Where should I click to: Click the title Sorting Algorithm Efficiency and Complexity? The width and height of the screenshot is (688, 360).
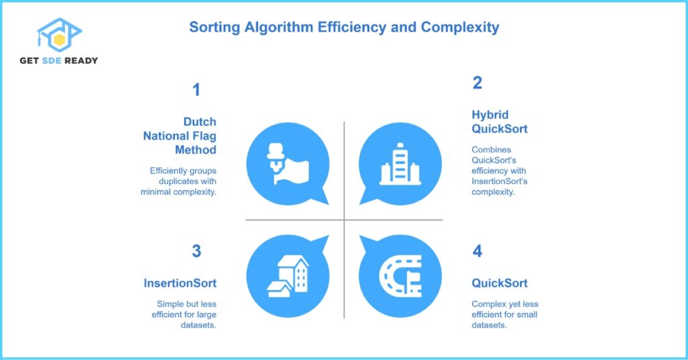(x=343, y=28)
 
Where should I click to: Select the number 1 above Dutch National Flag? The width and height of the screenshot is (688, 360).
(x=196, y=89)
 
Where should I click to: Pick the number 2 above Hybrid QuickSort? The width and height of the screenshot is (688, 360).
(x=477, y=83)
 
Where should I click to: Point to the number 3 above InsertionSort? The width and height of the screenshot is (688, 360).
(x=196, y=251)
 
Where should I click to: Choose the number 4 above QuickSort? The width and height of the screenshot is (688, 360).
(x=477, y=251)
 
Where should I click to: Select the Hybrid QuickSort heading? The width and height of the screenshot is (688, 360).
(x=499, y=122)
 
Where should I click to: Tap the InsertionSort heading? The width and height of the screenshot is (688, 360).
(x=180, y=283)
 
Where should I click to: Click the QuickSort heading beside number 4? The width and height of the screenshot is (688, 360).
(x=499, y=283)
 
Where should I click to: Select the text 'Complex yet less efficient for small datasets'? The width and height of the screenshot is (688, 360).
(x=505, y=314)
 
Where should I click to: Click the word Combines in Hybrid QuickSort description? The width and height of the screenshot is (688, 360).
(x=491, y=150)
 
